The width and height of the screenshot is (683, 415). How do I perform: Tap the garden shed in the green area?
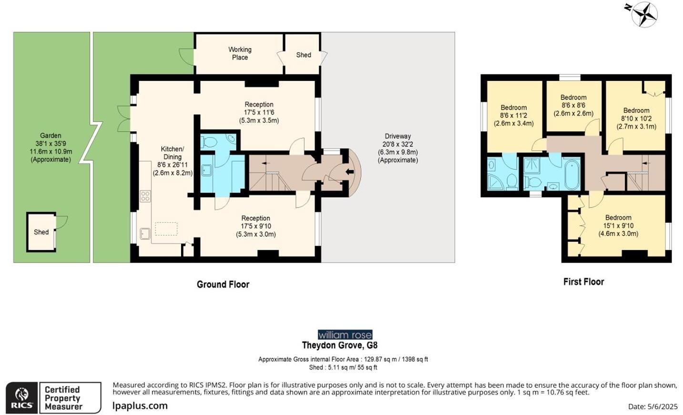coord(41,232)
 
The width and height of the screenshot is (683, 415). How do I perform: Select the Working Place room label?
coord(240,53)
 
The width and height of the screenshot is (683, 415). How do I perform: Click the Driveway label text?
coord(398,148)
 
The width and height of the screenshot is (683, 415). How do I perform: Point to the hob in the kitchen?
coord(145,196)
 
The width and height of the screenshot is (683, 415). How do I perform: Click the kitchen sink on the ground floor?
coord(145,233)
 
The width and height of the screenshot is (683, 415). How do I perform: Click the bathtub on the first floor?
coord(571,174)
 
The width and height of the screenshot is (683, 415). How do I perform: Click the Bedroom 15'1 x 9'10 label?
coord(618,226)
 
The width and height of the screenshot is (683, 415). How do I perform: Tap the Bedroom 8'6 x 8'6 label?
coord(573,105)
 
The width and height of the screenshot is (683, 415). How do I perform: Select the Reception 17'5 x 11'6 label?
coord(259,112)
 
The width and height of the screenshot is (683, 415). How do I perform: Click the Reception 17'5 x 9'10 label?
coord(255,226)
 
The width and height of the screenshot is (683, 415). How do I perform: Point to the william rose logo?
coord(345,335)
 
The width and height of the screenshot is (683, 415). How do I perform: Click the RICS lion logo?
coord(21,397)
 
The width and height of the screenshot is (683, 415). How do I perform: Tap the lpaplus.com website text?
coord(140,406)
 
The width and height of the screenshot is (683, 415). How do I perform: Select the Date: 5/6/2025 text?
coord(652,406)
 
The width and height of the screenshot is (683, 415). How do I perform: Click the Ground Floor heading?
coord(223,284)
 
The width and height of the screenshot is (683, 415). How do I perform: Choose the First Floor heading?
coord(583,282)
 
